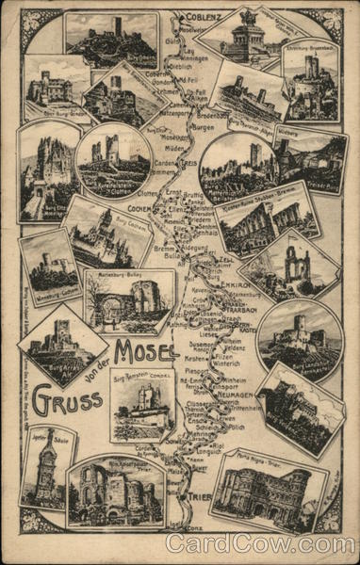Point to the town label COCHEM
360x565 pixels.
pos(139,208)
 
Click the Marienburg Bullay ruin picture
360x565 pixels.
pos(130,299)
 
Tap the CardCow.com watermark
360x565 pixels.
pos(260,543)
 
